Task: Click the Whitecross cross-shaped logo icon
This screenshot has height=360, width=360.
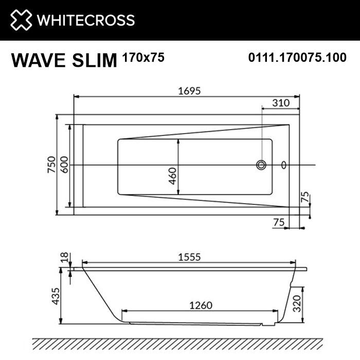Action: pyautogui.click(x=20, y=20)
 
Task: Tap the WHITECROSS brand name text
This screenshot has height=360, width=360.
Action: pyautogui.click(x=85, y=20)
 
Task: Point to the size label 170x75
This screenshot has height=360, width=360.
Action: pyautogui.click(x=143, y=58)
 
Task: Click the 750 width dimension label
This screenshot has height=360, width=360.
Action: pyautogui.click(x=51, y=165)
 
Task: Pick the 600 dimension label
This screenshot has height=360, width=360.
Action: pyautogui.click(x=64, y=165)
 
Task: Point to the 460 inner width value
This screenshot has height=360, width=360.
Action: pyautogui.click(x=173, y=176)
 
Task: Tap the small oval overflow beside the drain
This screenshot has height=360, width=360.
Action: pyautogui.click(x=284, y=165)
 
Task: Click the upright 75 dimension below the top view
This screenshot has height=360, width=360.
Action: pyautogui.click(x=279, y=222)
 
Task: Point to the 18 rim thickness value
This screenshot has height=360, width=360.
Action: pyautogui.click(x=63, y=257)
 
